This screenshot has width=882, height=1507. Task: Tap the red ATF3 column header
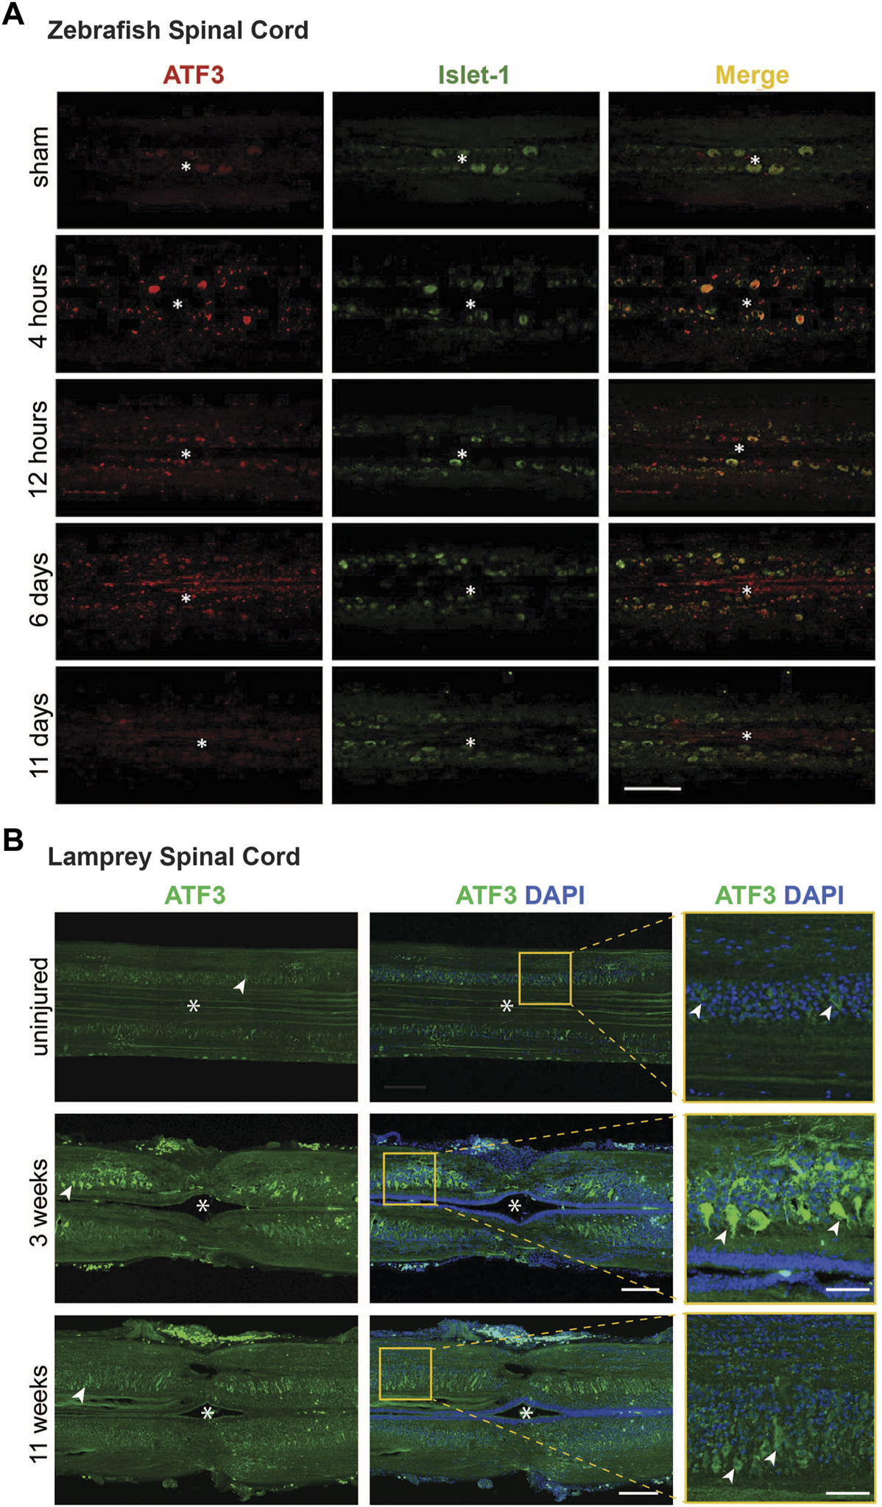[x=194, y=74]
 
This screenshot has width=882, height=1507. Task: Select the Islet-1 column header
[x=473, y=74]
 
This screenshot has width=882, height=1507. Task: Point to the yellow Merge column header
[x=752, y=74]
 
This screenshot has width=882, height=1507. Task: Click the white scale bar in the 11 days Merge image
[x=652, y=788]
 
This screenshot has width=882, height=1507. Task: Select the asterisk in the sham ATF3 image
[x=186, y=167]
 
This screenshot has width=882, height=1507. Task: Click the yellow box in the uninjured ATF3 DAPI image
[x=545, y=978]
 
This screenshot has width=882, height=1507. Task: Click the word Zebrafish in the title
[x=103, y=30]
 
